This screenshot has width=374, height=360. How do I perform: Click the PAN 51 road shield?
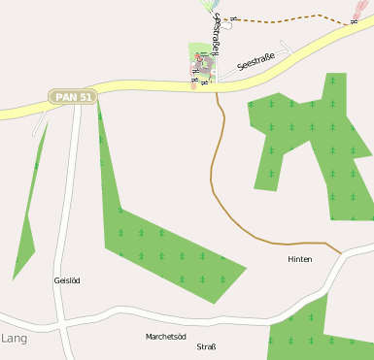click(x=73, y=97)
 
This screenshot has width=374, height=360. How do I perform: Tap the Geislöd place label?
click(x=67, y=280)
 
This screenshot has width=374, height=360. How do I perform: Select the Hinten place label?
click(x=300, y=260)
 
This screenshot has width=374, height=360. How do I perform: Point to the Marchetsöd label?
click(x=165, y=337)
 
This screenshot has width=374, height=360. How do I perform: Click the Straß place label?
click(x=206, y=346)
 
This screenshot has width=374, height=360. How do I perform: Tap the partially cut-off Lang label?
click(x=14, y=339)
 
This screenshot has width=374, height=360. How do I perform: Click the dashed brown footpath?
click(x=291, y=19)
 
